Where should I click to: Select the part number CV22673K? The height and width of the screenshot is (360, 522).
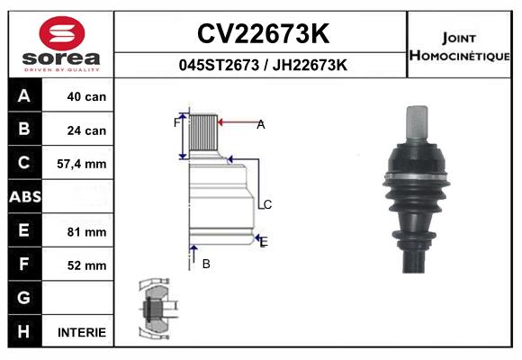pos(262,34)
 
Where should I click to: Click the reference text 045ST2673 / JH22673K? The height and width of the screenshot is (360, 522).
pos(262,65)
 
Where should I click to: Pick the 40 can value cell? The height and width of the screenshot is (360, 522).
pos(86,97)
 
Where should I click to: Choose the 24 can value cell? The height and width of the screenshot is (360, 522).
pos(86,130)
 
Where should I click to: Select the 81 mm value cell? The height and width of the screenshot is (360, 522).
pos(86,231)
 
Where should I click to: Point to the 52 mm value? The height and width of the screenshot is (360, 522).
pos(86,265)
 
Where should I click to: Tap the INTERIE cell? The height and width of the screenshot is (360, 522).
pos(82,332)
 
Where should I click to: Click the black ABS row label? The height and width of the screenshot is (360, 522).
pos(24,197)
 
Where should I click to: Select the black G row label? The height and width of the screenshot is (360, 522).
pos(24,298)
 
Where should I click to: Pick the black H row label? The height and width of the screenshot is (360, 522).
pos(24,331)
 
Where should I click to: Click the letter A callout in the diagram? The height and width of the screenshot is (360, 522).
pos(261,125)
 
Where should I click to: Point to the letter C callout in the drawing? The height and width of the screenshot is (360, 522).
pos(267,205)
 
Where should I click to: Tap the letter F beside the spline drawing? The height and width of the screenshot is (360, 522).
pos(176,122)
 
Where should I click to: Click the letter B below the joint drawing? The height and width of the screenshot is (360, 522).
pos(206,264)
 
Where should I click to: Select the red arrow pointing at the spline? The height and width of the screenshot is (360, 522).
pos(237,123)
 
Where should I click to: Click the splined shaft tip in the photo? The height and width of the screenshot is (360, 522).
pos(419,120)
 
